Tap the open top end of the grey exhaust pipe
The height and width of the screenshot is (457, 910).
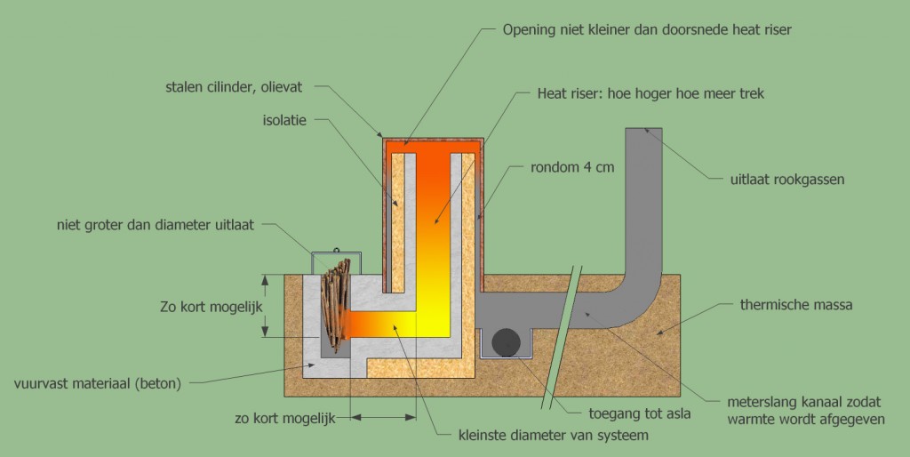tap(644, 131)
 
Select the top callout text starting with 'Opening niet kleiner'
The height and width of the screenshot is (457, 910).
tap(646, 29)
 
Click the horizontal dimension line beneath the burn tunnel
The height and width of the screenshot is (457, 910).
tap(383, 416)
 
